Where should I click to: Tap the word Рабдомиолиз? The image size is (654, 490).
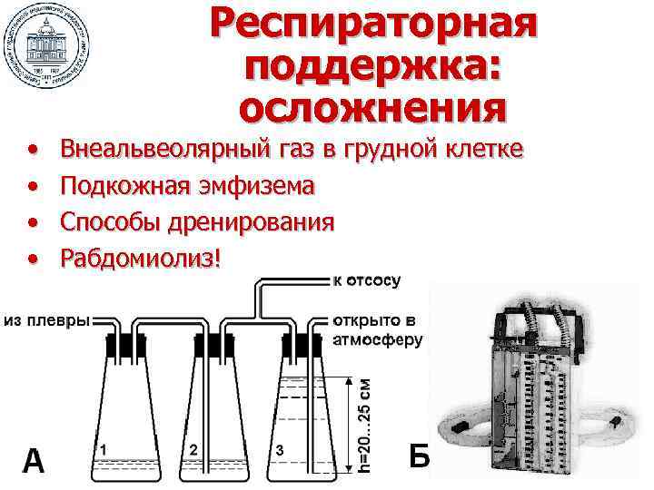[140, 259]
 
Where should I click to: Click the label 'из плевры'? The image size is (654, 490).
[46, 320]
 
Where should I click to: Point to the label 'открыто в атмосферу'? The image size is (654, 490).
[378, 331]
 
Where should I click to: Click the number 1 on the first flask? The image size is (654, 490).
[104, 449]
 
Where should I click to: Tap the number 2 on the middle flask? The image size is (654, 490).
[193, 449]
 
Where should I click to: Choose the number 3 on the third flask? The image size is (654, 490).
[281, 450]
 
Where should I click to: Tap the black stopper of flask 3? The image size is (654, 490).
[300, 345]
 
